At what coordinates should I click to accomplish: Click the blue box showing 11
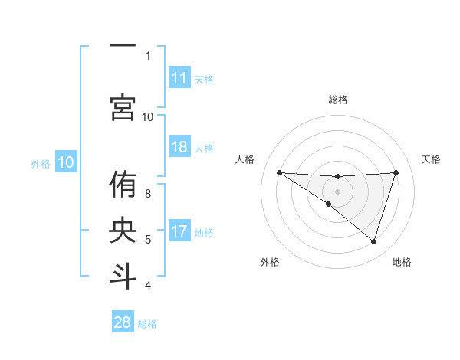coord(179,78)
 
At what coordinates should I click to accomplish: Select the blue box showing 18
coord(179,148)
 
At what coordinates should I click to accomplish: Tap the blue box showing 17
coord(179,232)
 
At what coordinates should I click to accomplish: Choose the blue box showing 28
coord(123,322)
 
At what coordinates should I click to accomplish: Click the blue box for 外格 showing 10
coord(66,162)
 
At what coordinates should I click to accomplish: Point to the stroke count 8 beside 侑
coord(148,193)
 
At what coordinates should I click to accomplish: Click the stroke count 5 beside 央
coord(148,240)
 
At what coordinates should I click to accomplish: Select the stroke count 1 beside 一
coord(148,55)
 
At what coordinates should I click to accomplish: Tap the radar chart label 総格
coord(337,100)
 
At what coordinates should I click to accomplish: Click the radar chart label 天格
coord(432,159)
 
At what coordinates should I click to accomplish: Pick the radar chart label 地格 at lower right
coord(402,262)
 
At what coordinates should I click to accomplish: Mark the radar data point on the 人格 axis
coord(279,172)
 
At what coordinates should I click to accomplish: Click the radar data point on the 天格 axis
coord(396,172)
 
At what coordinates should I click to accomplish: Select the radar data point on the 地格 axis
coord(373,241)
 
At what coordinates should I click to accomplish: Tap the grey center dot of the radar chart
coord(337,191)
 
